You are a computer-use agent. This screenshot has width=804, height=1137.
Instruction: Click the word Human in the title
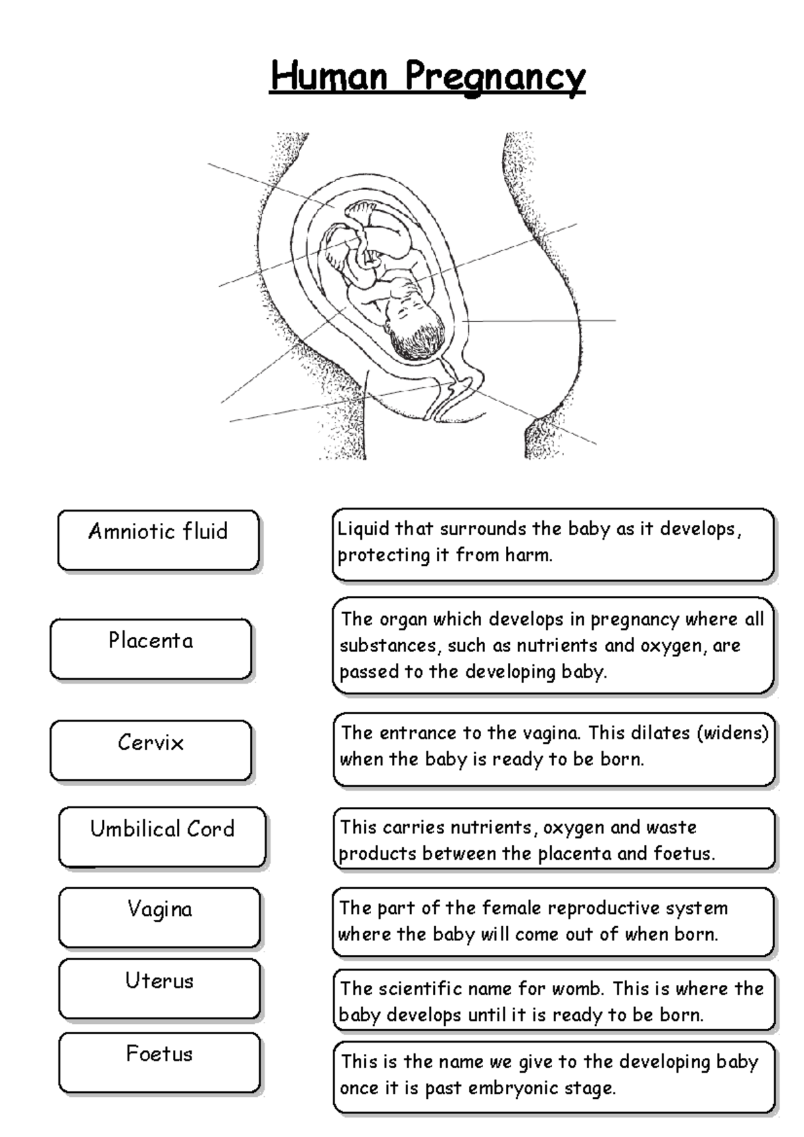329,76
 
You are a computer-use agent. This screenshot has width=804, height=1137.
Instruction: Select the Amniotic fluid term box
158,540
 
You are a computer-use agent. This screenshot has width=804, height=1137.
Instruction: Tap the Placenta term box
151,649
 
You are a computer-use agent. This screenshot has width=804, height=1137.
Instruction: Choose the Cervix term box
151,751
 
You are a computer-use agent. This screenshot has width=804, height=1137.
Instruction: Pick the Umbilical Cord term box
162,837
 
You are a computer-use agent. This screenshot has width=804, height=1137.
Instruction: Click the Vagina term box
159,917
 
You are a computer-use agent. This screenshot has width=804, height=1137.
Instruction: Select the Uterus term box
159,989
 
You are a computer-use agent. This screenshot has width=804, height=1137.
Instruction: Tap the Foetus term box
159,1063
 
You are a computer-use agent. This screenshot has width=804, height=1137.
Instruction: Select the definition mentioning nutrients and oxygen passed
553,646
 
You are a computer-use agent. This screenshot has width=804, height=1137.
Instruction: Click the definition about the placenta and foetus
553,840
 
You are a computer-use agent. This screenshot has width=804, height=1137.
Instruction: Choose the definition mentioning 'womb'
553,1002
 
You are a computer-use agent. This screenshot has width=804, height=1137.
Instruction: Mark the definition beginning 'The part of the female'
553,921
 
